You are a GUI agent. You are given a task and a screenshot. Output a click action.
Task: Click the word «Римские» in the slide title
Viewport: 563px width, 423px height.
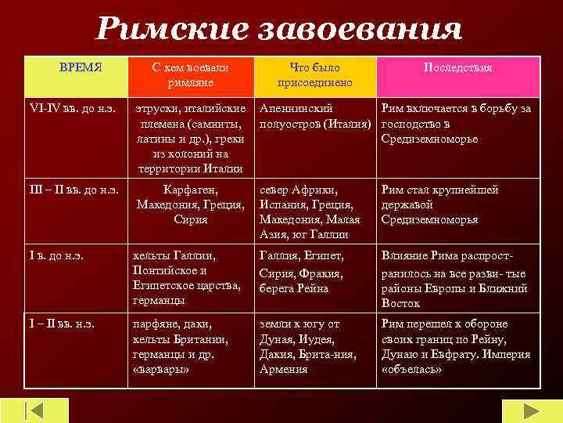pyautogui.click(x=167, y=30)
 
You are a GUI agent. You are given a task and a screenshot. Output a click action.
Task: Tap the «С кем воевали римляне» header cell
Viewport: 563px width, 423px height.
pyautogui.click(x=192, y=74)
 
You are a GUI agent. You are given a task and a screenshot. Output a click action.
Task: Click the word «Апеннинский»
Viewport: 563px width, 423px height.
pyautogui.click(x=296, y=109)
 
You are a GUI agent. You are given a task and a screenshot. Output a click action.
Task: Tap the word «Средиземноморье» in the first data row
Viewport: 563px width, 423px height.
pyautogui.click(x=429, y=139)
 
